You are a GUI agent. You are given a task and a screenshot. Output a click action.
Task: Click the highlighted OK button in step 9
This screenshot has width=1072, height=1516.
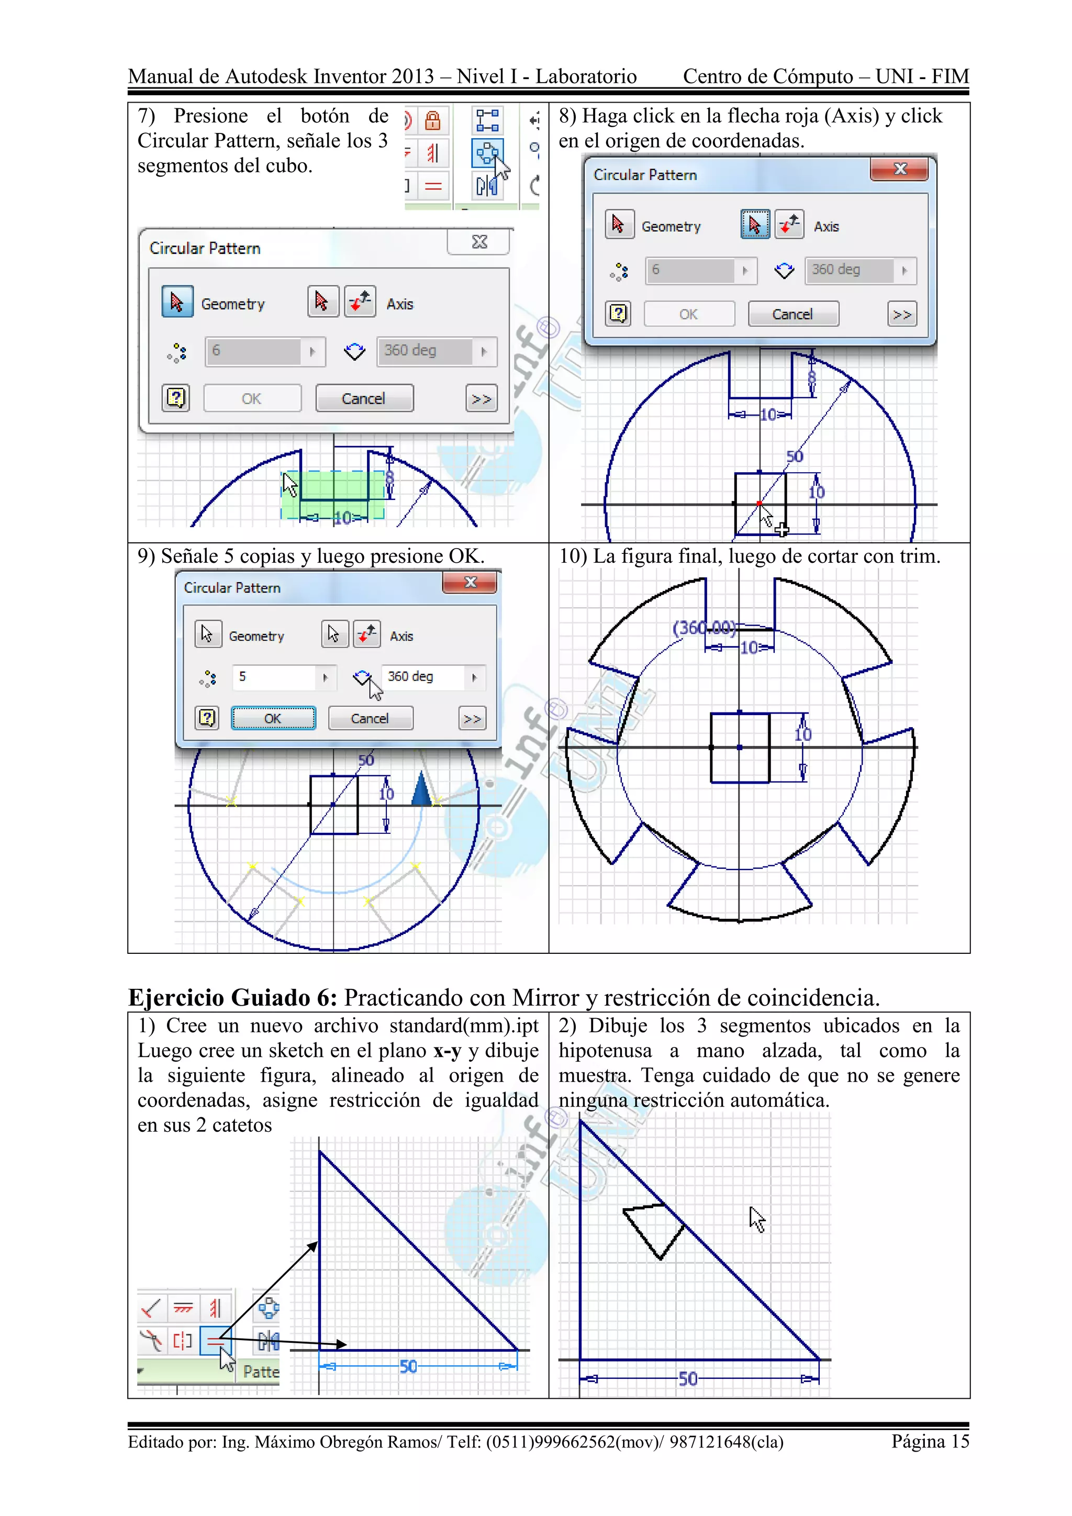273,718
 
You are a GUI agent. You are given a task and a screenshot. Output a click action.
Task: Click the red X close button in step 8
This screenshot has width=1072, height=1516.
899,169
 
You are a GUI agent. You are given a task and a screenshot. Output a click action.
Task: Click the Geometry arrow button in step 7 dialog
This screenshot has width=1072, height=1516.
177,303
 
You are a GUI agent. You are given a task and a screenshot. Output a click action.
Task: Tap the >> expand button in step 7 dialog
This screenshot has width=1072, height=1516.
481,399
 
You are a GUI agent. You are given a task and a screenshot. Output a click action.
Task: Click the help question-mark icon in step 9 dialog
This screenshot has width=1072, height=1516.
207,718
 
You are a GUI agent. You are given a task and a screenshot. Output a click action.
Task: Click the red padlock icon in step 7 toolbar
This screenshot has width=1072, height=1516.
432,121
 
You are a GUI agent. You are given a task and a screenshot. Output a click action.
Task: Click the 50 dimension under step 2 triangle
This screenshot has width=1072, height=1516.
688,1379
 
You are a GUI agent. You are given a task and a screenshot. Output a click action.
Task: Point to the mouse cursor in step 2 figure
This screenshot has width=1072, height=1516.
756,1219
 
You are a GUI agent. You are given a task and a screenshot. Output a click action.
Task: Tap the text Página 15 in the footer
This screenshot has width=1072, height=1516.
930,1441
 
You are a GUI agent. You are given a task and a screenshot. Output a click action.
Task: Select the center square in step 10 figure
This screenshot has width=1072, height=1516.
740,748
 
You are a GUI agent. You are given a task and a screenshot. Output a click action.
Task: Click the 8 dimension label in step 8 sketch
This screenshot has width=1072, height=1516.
812,377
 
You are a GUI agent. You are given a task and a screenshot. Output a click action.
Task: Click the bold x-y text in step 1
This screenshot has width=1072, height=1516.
447,1051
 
